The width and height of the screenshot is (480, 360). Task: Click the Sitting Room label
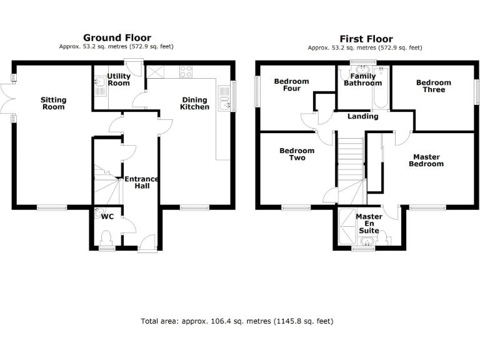(x=53, y=103)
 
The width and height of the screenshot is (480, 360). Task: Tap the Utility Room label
(x=119, y=79)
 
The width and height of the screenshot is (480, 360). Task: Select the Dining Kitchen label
(x=194, y=103)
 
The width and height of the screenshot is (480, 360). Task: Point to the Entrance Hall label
(x=142, y=182)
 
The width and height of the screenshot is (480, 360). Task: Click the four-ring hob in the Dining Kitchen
(x=186, y=71)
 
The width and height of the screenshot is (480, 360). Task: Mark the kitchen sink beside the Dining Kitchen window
(x=224, y=98)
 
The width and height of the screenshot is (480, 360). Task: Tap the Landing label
(x=362, y=116)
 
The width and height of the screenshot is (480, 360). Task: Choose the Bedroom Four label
(x=291, y=85)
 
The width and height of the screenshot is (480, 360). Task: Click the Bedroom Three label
(x=433, y=86)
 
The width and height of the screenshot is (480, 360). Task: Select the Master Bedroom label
(x=426, y=161)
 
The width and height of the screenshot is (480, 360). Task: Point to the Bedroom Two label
(x=297, y=154)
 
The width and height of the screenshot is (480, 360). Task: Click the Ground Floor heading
(x=117, y=37)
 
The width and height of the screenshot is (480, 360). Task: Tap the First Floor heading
(x=364, y=38)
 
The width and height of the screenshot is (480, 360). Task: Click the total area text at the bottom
(x=237, y=321)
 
